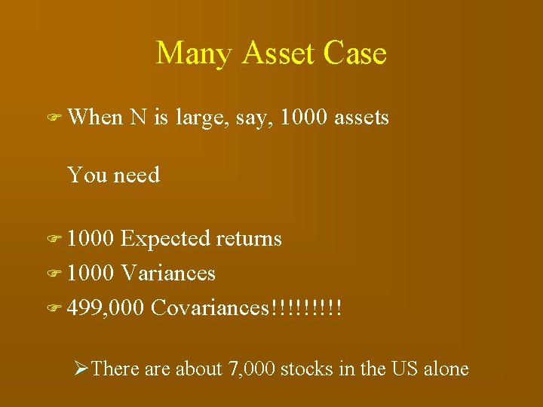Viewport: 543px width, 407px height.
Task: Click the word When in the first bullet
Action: point(95,118)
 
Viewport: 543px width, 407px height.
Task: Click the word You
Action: point(87,175)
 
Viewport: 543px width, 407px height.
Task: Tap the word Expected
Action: point(165,240)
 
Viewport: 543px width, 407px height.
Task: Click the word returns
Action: point(249,240)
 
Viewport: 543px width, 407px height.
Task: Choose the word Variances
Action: point(168,273)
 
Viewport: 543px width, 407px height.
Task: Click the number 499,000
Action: point(106,308)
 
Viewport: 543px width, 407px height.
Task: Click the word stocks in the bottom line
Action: point(309,369)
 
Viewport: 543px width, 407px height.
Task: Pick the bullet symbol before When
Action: point(54,118)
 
